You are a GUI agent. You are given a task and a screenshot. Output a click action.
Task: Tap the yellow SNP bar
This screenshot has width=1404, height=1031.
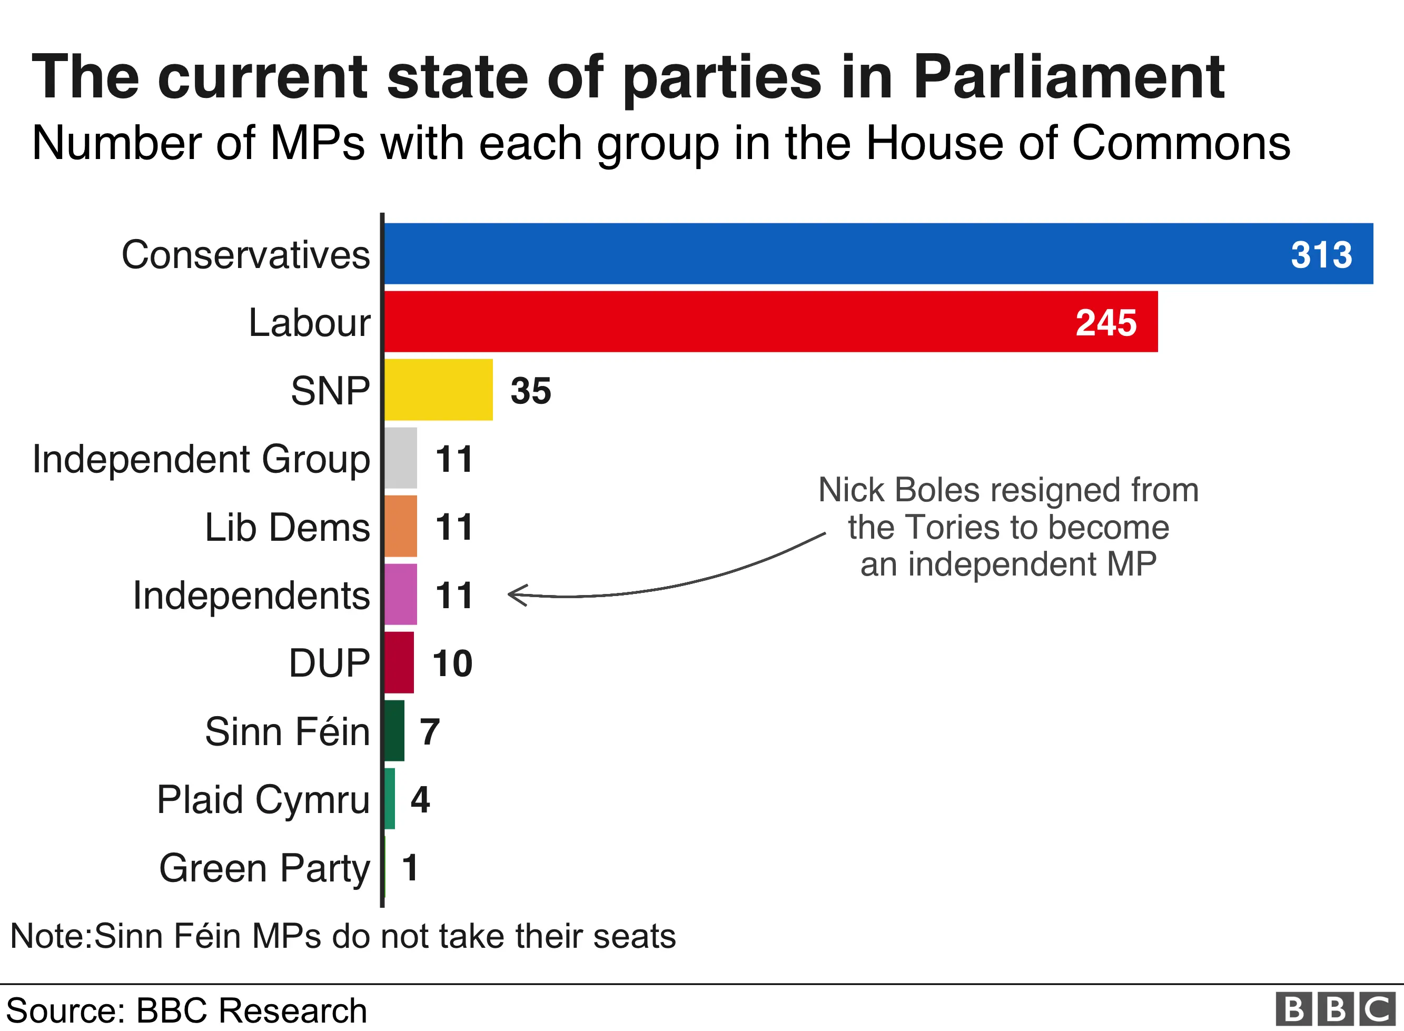click(x=438, y=390)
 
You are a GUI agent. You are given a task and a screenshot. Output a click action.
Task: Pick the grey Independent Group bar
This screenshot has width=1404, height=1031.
click(x=401, y=458)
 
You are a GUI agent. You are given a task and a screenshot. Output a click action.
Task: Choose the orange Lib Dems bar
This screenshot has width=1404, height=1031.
click(x=401, y=526)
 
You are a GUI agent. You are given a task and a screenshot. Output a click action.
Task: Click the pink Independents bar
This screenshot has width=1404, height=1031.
click(x=401, y=594)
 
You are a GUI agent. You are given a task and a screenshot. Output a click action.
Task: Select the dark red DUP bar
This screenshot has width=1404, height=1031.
click(x=399, y=662)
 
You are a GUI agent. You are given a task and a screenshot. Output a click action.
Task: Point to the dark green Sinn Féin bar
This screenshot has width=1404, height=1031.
click(x=394, y=730)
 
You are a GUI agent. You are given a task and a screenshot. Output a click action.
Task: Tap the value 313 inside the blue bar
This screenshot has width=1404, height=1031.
click(x=1321, y=255)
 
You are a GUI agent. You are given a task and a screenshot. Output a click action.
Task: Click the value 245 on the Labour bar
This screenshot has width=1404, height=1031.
click(x=1106, y=323)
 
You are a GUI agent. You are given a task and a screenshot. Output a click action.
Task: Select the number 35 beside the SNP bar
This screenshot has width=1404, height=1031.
click(x=530, y=391)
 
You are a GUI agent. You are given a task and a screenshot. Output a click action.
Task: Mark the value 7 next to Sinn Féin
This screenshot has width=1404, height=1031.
click(x=429, y=731)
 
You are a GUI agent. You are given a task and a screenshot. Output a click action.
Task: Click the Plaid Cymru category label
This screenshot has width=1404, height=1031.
click(x=263, y=799)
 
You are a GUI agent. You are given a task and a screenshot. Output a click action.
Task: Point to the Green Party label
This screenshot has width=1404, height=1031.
click(x=264, y=868)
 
